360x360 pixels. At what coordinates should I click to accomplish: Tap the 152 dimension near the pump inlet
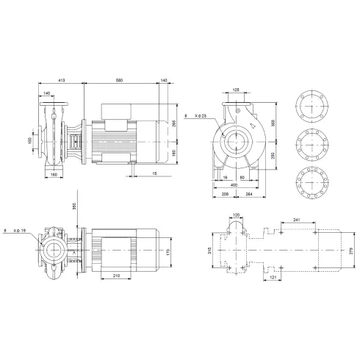42,140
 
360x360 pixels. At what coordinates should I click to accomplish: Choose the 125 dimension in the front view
236,90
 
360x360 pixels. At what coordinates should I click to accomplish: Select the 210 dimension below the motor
116,275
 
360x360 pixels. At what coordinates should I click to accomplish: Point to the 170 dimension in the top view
168,252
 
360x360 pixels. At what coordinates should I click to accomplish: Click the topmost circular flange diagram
312,104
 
